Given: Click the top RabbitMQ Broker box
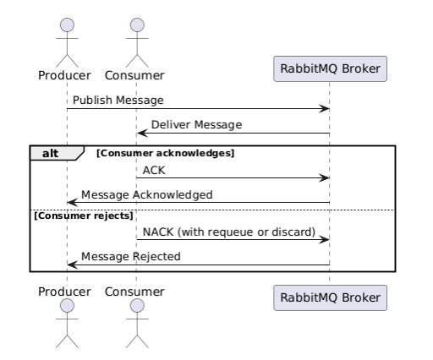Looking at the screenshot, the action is (x=330, y=69).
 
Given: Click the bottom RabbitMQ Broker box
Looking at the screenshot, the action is (x=330, y=298).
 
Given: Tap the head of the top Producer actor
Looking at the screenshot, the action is (x=67, y=25).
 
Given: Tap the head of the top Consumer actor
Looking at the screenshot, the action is (x=137, y=25).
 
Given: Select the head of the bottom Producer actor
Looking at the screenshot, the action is (x=67, y=306).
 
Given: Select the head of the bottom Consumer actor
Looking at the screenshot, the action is (x=137, y=306).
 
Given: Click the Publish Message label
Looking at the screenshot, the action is (x=118, y=101).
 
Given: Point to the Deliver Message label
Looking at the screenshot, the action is (x=196, y=125).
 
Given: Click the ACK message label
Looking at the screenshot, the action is (x=154, y=171).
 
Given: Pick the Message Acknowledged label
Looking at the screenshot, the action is (x=147, y=195).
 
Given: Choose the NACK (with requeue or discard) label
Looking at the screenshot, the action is (x=229, y=232).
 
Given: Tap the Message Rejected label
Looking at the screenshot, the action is (x=131, y=257).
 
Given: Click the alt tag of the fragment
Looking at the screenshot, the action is (x=51, y=154).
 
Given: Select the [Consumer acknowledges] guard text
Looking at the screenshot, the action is (x=166, y=153).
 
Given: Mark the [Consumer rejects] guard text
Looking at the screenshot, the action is (x=84, y=215).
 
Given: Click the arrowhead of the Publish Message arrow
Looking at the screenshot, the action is (x=324, y=109).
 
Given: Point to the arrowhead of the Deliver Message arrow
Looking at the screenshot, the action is (x=142, y=134).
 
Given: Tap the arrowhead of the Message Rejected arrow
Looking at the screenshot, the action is (x=73, y=265).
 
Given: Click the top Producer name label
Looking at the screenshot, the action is (x=64, y=75).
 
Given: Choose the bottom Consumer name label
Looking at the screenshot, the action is (x=134, y=292).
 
